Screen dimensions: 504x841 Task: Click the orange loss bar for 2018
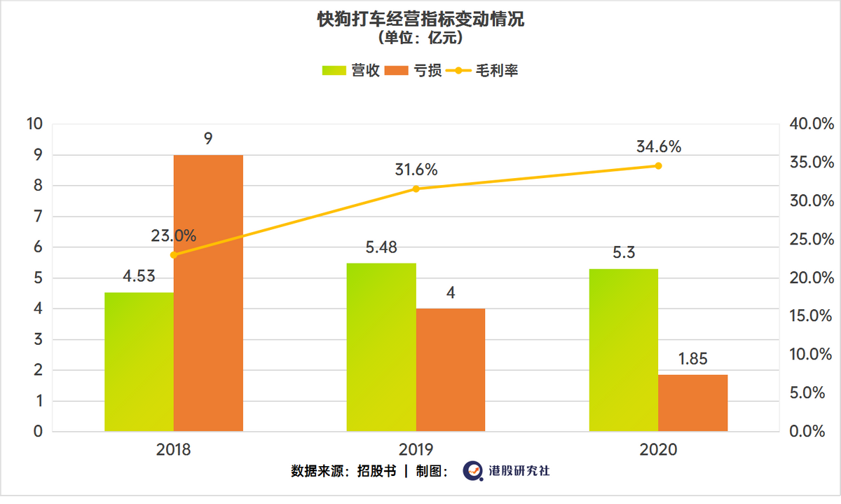point(208,293)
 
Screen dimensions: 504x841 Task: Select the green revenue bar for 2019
point(381,347)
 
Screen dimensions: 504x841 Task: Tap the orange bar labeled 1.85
point(692,403)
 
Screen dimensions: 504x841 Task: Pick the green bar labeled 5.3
point(624,350)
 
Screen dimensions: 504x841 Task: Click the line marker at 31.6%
point(416,189)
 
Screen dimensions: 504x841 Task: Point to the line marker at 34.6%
point(658,165)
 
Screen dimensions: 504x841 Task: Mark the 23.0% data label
point(173,236)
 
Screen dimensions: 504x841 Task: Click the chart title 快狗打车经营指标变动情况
point(420,20)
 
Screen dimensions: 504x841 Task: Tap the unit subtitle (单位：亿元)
point(420,38)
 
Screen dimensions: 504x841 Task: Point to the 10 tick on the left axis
point(34,124)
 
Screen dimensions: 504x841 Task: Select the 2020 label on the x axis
point(658,449)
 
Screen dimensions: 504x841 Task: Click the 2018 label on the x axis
point(173,449)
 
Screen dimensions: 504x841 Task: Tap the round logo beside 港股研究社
point(471,471)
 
